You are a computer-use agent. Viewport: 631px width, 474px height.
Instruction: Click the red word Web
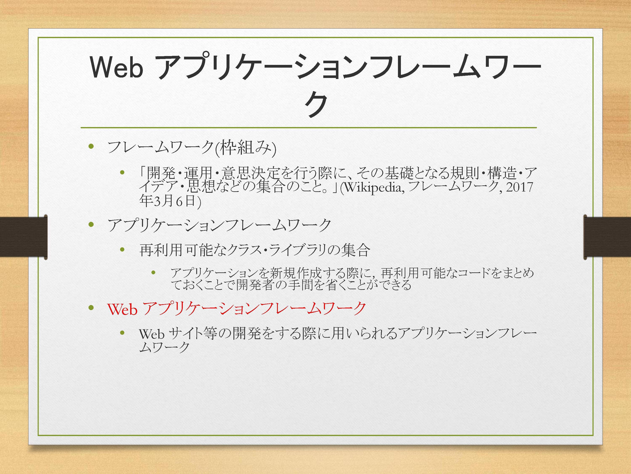tap(122, 309)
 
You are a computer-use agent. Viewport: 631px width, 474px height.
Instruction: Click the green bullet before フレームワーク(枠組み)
tap(91, 147)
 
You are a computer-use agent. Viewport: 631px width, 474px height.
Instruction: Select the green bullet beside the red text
tap(91, 308)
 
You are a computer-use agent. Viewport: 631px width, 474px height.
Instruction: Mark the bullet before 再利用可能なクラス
tap(122, 250)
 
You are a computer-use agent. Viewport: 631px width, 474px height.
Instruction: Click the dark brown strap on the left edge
tap(23, 237)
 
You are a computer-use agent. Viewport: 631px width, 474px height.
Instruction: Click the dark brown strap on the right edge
tap(607, 237)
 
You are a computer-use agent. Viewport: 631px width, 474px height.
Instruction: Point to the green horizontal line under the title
tap(309, 127)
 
